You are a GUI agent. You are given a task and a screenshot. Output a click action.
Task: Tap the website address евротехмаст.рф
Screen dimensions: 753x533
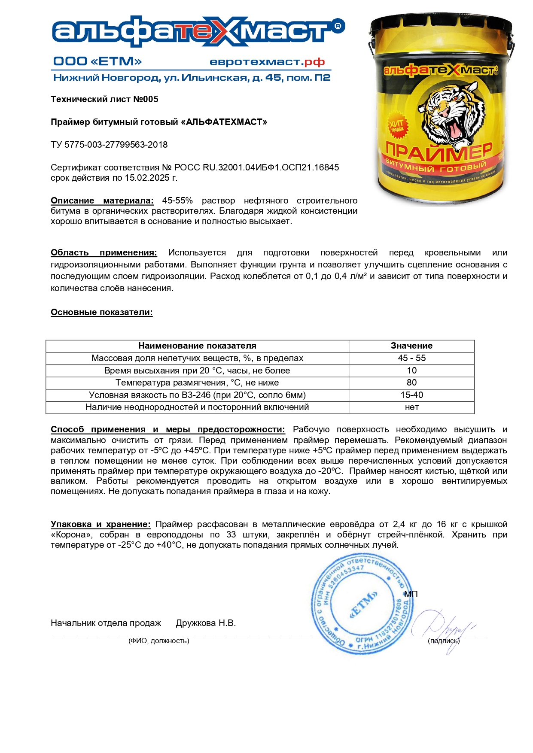267,62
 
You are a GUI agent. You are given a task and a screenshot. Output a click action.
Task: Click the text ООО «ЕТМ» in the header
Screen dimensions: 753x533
97,61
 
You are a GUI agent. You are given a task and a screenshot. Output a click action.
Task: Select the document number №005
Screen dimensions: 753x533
146,99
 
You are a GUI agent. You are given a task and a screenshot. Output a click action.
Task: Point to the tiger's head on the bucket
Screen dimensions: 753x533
447,112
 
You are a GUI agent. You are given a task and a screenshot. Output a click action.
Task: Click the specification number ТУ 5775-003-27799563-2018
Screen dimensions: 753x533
109,145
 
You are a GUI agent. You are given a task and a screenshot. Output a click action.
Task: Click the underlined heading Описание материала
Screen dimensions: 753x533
102,200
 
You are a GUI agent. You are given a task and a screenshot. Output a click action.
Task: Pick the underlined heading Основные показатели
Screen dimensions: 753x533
102,312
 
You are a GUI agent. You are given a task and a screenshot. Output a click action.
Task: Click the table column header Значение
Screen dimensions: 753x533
411,346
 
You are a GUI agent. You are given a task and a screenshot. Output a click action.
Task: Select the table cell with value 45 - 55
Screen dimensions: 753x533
411,358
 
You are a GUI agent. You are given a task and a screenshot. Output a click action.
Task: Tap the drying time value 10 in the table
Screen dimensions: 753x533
411,370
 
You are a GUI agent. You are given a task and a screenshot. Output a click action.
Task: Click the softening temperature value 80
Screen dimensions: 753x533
411,383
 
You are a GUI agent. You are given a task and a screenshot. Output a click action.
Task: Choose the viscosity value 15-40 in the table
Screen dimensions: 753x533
411,395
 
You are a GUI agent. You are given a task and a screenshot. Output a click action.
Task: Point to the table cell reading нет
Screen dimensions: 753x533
411,407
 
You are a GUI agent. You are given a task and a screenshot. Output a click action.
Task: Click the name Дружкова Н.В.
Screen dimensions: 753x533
206,623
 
